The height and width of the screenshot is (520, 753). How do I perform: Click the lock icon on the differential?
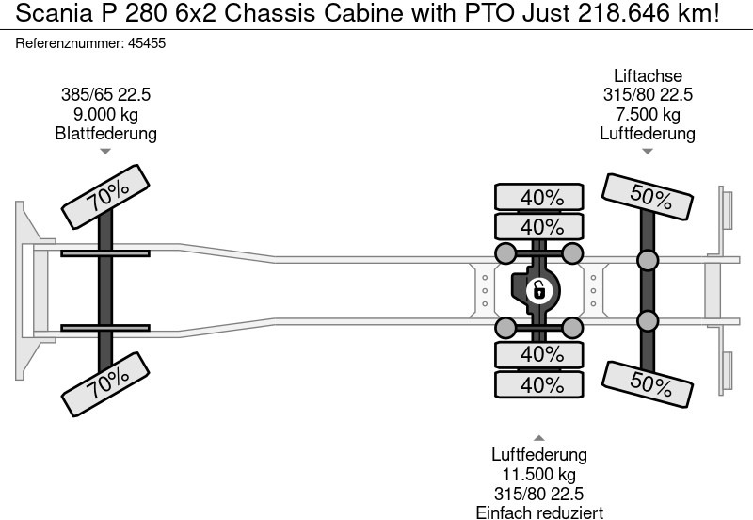539,289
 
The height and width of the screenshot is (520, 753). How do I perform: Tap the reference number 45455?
146,43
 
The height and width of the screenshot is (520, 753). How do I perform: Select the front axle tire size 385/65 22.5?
105,95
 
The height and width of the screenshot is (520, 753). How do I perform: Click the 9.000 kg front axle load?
105,114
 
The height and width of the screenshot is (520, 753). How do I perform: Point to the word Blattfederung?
105,133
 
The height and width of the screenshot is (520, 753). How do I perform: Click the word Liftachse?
648,76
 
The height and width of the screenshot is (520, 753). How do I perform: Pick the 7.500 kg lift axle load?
648,114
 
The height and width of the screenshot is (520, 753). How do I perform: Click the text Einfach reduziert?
539,512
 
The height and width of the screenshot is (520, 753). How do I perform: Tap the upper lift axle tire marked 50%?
649,198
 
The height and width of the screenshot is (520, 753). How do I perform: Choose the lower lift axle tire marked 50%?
649,382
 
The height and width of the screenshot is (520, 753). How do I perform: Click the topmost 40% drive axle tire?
541,198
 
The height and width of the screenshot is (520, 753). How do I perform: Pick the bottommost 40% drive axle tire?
541,384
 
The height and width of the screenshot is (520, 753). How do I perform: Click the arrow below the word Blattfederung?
105,151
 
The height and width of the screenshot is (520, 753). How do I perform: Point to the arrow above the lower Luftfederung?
539,438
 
